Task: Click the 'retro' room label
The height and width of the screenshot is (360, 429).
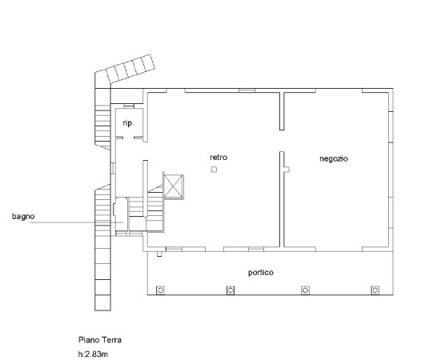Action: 219,158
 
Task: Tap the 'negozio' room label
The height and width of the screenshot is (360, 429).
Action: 334,158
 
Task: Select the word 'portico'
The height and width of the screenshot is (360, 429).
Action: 261,273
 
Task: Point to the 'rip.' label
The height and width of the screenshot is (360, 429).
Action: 128,123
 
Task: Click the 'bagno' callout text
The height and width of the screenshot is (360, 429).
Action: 23,216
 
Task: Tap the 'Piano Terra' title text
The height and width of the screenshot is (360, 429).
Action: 100,340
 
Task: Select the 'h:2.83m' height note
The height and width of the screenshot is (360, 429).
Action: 93,354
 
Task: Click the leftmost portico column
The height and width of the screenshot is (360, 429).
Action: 160,290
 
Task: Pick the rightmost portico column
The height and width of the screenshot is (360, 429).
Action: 375,290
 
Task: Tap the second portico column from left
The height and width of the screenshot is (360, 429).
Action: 231,290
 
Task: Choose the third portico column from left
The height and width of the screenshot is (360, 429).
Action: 305,290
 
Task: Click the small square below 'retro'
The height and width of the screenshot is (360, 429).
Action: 214,170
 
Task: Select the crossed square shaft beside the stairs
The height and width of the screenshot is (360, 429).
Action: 174,186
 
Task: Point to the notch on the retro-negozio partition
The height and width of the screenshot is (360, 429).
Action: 287,170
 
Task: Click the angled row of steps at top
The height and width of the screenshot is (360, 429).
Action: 130,69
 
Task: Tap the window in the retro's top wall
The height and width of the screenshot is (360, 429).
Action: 247,90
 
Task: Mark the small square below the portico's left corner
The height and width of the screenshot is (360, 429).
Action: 159,254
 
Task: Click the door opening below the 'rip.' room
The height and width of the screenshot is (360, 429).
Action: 129,138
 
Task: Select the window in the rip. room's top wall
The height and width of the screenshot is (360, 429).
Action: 129,106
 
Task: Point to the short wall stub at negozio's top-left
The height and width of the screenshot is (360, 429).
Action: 282,111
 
